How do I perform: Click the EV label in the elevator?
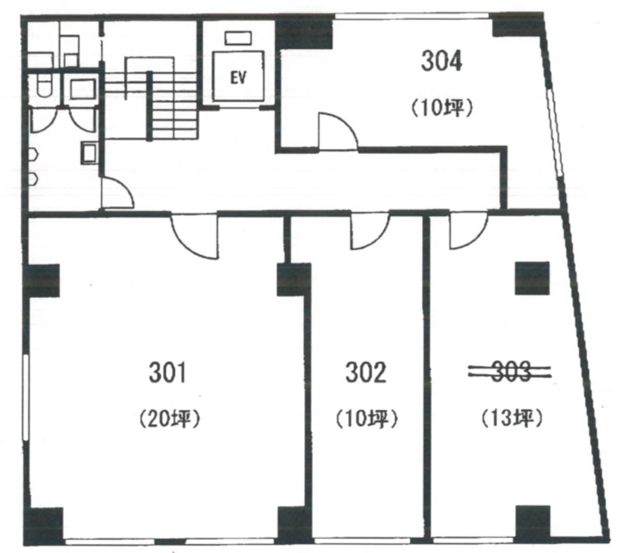[238, 79]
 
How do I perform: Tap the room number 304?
[441, 61]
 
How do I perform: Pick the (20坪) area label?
[170, 419]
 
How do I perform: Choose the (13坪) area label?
[512, 419]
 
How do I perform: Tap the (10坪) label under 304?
[442, 109]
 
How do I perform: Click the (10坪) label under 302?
[366, 419]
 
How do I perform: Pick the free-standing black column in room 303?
[532, 278]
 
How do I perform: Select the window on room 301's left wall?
[26, 397]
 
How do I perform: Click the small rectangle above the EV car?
[238, 38]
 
